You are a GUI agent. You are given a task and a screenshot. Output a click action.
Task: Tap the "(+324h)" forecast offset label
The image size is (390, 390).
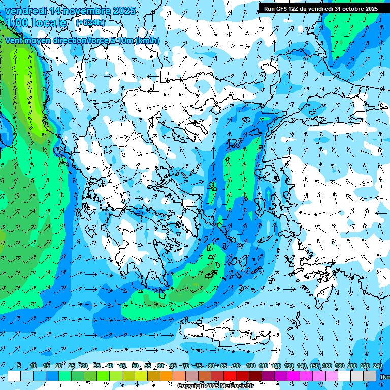90,22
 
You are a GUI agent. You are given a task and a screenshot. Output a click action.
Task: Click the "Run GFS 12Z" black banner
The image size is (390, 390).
321,9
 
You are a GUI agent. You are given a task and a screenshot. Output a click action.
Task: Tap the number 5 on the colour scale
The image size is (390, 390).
19,366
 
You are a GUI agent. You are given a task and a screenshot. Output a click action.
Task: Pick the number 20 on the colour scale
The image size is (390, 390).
59,366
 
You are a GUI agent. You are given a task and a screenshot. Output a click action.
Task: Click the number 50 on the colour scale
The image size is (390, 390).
135,366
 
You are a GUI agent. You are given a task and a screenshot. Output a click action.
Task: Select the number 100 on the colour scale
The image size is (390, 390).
250,366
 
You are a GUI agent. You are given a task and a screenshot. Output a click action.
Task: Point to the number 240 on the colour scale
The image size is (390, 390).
377,366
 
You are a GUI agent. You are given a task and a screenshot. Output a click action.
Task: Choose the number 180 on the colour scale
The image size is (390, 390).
339,366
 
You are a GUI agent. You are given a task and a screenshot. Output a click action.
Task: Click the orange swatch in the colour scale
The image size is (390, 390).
167,376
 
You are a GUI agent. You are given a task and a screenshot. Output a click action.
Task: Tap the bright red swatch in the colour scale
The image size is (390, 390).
231,376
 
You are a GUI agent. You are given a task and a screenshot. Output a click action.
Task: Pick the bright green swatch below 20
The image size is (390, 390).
66,376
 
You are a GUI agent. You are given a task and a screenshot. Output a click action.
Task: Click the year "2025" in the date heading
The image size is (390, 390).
124,11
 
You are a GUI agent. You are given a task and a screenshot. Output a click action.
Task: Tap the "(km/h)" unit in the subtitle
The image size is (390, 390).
148,41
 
